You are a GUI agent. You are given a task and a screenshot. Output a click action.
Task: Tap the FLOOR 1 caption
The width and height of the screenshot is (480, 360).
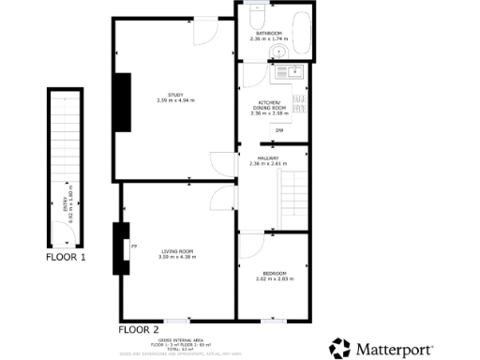point(67,256)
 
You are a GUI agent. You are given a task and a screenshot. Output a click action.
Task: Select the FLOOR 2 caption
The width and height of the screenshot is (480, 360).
point(138,330)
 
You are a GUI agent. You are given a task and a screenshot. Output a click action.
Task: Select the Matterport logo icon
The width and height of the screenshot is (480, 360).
point(339,348)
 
